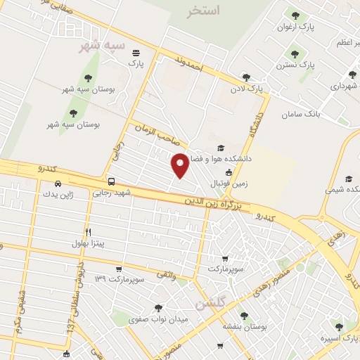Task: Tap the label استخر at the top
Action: (205, 11)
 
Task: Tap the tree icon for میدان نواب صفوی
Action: (157, 307)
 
